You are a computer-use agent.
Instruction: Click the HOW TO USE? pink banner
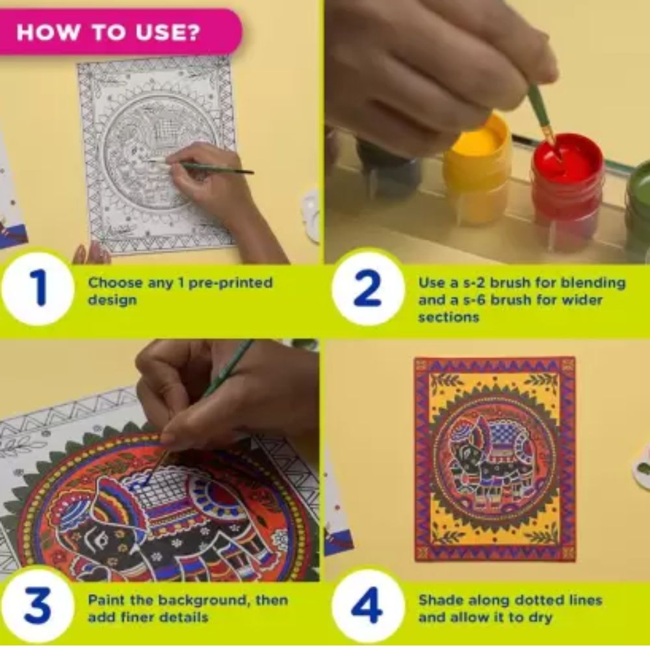(120, 32)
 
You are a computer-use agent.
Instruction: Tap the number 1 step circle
(38, 289)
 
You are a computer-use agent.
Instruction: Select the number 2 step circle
(368, 289)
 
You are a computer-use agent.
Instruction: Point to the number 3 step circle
(38, 606)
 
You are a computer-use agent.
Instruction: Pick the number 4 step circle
(368, 606)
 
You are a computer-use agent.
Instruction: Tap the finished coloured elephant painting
(495, 460)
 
